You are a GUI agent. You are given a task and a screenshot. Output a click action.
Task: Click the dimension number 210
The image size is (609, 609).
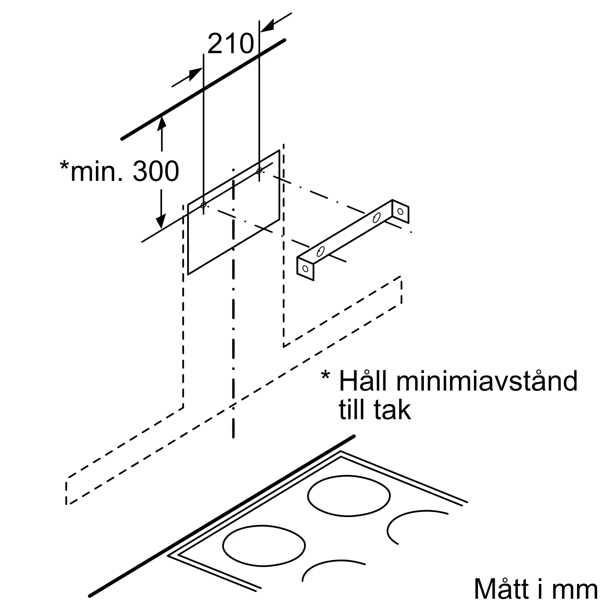pos(231,44)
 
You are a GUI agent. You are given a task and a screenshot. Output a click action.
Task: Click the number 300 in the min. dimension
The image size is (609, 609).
pos(156,171)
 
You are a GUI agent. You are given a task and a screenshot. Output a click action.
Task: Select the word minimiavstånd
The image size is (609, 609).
pos(487,381)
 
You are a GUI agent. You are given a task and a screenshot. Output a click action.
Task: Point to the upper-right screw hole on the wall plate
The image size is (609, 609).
pos(259,171)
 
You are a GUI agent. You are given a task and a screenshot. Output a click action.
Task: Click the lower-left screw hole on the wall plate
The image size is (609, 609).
pos(203,205)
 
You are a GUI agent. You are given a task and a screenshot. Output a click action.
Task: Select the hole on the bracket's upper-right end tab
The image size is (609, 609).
pos(400,212)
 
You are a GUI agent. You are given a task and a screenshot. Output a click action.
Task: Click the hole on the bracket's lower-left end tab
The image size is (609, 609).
pos(305,269)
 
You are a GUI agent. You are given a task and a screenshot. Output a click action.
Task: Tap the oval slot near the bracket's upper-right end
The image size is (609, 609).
pos(376,218)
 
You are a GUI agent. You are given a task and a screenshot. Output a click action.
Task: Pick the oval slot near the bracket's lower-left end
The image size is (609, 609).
pos(320,251)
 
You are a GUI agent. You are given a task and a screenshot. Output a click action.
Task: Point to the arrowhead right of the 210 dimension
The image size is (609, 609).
pos(267,26)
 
